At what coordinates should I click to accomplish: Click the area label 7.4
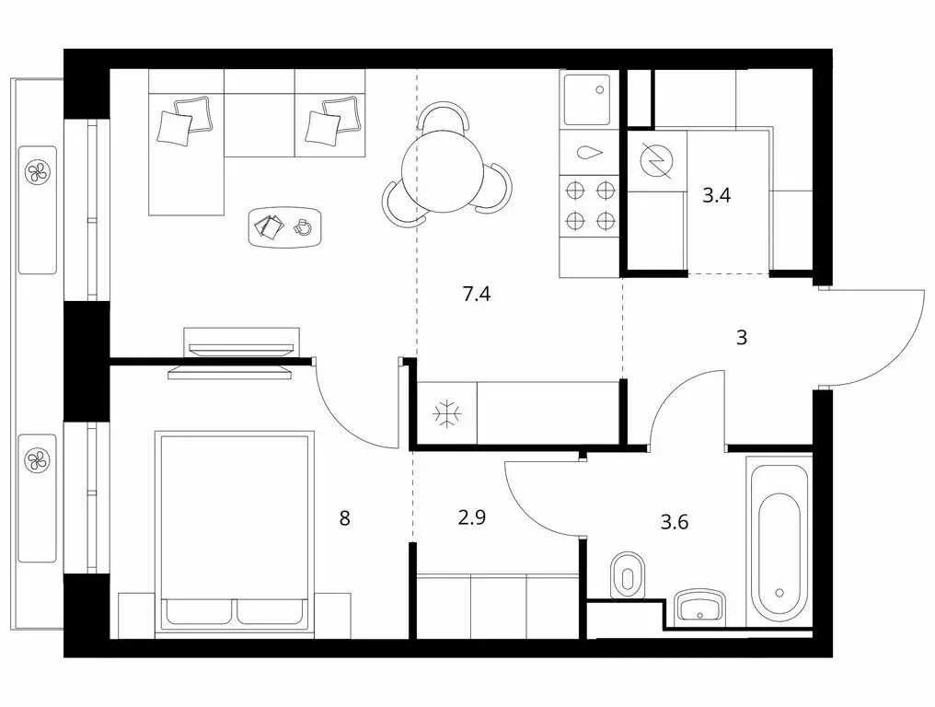click(476, 295)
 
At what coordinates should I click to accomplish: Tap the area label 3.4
click(716, 195)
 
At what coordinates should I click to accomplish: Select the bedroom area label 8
click(345, 518)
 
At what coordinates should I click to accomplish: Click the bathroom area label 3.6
click(675, 523)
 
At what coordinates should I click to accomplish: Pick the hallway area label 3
click(742, 338)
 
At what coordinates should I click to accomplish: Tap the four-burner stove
click(590, 205)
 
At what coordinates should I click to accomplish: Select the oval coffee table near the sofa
click(286, 226)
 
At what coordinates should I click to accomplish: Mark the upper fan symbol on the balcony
click(37, 171)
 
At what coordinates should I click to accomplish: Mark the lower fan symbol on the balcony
click(37, 458)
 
